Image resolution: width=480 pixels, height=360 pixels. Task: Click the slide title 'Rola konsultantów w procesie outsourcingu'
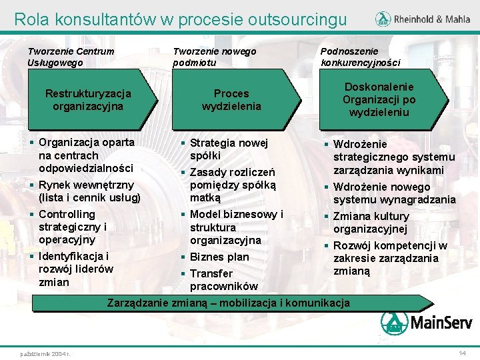pyautogui.click(x=180, y=19)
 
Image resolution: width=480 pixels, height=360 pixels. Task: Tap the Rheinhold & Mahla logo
pyautogui.click(x=422, y=19)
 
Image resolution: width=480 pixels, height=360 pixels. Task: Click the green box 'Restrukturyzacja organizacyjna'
pyautogui.click(x=88, y=100)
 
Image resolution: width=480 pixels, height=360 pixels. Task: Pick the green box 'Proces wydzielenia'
pyautogui.click(x=231, y=100)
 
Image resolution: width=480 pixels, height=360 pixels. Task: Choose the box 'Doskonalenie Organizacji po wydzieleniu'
pyautogui.click(x=379, y=100)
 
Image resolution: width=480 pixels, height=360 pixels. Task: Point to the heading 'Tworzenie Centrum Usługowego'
pyautogui.click(x=71, y=57)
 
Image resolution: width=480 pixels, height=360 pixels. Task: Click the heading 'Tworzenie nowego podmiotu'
pyautogui.click(x=214, y=57)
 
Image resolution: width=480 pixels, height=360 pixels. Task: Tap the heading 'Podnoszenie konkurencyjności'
pyautogui.click(x=360, y=57)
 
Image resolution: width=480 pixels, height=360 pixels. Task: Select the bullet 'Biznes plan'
pyautogui.click(x=219, y=257)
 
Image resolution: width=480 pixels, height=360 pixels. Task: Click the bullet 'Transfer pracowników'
pyautogui.click(x=223, y=280)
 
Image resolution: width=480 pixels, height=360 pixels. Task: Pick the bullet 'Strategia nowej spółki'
pyautogui.click(x=228, y=149)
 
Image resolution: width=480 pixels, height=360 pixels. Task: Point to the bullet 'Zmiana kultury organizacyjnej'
pyautogui.click(x=371, y=223)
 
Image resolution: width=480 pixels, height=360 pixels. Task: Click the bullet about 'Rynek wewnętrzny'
pyautogui.click(x=89, y=191)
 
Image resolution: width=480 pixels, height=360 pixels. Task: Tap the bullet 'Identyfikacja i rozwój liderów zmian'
pyautogui.click(x=75, y=269)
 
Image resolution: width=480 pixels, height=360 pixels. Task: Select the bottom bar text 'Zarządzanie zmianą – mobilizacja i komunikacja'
pyautogui.click(x=229, y=303)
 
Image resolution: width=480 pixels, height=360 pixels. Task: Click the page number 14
pyautogui.click(x=462, y=352)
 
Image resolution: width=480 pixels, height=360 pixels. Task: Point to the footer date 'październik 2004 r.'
pyautogui.click(x=46, y=353)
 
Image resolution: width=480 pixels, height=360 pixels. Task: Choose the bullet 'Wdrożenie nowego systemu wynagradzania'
pyautogui.click(x=394, y=193)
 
